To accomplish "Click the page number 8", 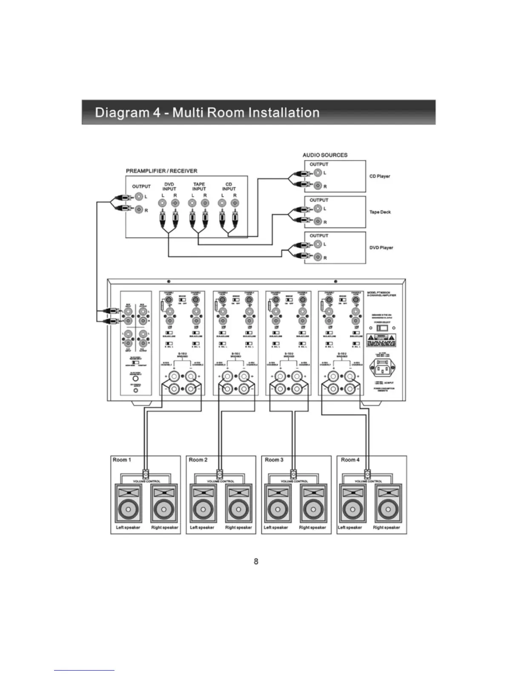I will click(x=256, y=562).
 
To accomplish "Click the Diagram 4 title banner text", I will click(x=207, y=113).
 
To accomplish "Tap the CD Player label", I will click(x=380, y=176).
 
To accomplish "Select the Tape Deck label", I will click(x=380, y=212).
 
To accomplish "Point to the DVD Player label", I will click(x=381, y=248).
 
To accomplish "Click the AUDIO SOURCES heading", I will click(x=325, y=155).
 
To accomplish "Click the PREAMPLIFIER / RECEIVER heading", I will click(x=161, y=171).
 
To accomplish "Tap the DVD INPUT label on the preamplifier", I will click(x=169, y=187).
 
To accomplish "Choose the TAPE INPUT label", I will click(x=199, y=187).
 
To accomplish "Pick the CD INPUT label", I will click(x=229, y=187).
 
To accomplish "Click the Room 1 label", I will click(x=122, y=460).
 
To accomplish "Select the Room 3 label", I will click(x=274, y=460).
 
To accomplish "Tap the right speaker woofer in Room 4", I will click(x=386, y=510).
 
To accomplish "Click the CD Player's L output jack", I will click(x=318, y=173).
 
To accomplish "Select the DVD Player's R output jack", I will click(x=318, y=257).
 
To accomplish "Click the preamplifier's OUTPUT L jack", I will click(x=139, y=197).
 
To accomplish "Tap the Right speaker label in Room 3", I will click(x=312, y=528).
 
